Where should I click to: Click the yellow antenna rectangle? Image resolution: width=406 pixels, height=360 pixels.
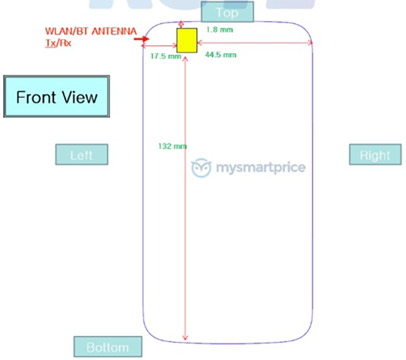187,40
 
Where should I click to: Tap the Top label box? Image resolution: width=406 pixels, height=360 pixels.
227,12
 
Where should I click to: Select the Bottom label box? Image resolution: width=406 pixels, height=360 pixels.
108,346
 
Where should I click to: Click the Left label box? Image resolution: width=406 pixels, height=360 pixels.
82,154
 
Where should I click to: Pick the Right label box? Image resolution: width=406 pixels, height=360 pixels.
375,154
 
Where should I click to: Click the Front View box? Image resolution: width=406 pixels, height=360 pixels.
56,96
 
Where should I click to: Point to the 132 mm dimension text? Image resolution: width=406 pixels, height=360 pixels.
173,146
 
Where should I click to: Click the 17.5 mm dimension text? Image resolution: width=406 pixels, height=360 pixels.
166,56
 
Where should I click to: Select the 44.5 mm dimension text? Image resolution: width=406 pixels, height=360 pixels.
221,55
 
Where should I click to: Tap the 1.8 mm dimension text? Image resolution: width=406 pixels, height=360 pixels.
219,30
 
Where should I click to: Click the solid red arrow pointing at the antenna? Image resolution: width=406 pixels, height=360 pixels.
141,39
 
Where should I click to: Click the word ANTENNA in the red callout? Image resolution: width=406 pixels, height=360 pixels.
114,31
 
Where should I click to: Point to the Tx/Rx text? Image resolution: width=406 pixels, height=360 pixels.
58,43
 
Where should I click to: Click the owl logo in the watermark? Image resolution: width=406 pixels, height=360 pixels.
201,168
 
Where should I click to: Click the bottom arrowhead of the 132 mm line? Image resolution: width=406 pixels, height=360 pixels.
185,338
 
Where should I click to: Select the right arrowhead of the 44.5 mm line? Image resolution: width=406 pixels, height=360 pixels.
310,43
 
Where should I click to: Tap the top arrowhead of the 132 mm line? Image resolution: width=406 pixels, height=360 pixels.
185,60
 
